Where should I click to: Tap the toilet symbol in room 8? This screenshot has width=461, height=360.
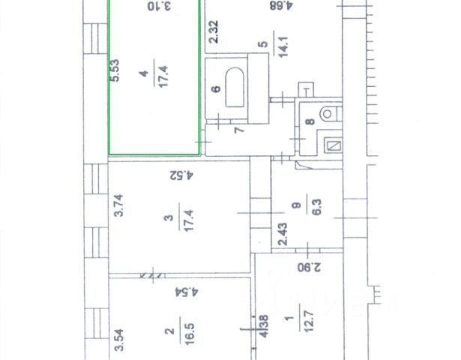327,115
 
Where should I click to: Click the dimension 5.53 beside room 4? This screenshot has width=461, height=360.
115,72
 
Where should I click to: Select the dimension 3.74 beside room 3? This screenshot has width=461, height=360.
117,205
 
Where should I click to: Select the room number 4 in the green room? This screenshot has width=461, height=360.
142,73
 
